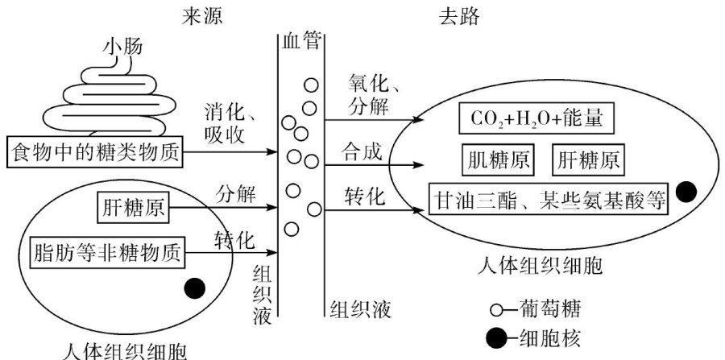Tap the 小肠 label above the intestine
(122, 48)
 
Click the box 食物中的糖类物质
(93, 151)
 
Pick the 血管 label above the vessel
(300, 41)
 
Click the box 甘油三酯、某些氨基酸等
(548, 198)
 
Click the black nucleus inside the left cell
(195, 287)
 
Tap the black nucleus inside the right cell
(686, 192)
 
